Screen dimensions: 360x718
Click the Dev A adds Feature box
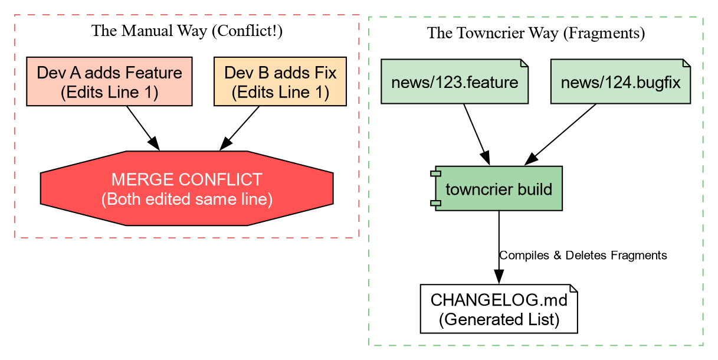[x=109, y=82]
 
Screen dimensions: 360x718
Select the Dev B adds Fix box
[x=280, y=82]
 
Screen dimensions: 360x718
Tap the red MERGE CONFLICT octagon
[x=186, y=188]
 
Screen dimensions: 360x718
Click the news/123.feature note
[x=454, y=81]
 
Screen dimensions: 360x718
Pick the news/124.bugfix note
[x=620, y=81]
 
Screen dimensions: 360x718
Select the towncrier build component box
[x=499, y=189]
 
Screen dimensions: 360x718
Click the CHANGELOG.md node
[x=499, y=309]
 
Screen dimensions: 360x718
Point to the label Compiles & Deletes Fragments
[x=583, y=256]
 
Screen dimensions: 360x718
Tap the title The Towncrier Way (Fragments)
[x=536, y=33]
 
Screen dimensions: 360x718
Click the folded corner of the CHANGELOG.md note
[x=573, y=288]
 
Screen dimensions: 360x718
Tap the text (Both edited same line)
[x=186, y=199]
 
